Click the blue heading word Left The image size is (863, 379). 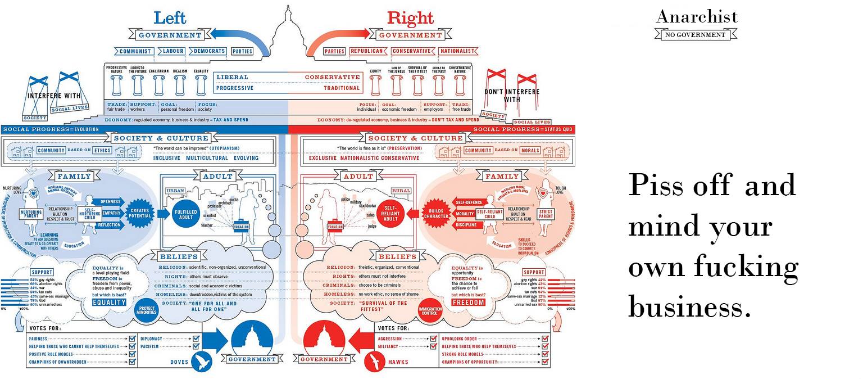170,17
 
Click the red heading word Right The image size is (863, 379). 410,18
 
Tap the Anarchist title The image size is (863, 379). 696,17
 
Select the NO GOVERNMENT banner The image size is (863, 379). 696,35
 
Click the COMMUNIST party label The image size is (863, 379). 135,51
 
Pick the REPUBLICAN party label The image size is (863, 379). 367,51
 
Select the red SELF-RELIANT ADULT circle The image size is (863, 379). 390,211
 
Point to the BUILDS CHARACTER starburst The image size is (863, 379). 435,213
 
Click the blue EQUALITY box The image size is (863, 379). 109,302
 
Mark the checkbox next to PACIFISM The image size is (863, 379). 196,347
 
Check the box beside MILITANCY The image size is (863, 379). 433,347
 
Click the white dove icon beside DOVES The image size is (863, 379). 201,362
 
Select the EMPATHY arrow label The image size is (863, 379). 111,213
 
